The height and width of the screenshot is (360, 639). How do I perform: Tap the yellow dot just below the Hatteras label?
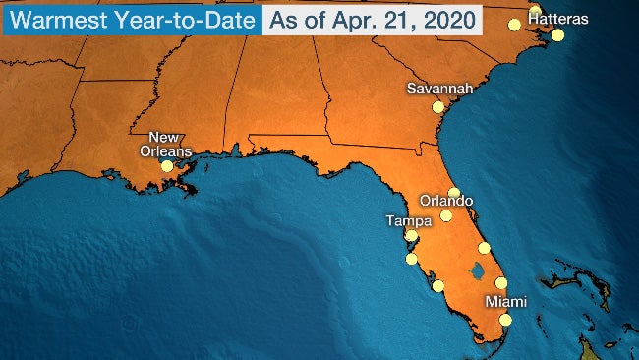[557, 35]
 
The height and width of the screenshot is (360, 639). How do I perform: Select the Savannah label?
[439, 89]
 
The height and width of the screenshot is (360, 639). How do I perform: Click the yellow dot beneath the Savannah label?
[438, 106]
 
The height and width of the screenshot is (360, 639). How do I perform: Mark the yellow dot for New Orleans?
[167, 166]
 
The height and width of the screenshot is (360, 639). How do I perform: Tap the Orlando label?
[445, 201]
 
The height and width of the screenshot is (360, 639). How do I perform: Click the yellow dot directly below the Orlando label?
[445, 216]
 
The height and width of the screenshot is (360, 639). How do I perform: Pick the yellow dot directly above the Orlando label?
[453, 193]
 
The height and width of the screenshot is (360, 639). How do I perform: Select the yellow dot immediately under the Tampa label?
[411, 236]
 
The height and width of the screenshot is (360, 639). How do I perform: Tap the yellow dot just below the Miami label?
[505, 320]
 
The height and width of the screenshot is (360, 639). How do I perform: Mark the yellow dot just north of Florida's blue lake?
[484, 248]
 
